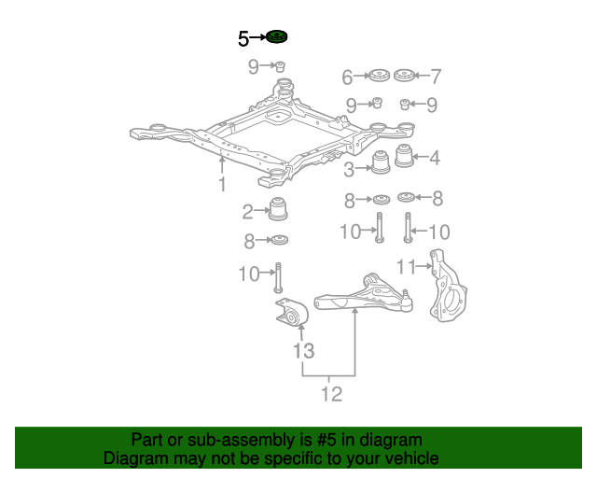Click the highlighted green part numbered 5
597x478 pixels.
click(x=276, y=37)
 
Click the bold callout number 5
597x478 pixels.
click(x=243, y=38)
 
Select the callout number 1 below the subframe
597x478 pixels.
click(x=222, y=185)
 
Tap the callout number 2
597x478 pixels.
click(x=248, y=211)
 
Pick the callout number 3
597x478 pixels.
click(x=349, y=170)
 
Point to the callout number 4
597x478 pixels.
click(x=435, y=158)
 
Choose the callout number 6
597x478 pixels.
click(x=347, y=77)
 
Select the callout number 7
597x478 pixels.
click(x=435, y=77)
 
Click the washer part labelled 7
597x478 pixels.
click(x=404, y=75)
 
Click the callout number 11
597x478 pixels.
click(x=405, y=267)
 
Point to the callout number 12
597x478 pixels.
click(x=331, y=394)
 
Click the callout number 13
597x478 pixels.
click(x=304, y=351)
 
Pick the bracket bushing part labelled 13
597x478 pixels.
click(x=290, y=315)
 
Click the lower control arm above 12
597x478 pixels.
click(x=364, y=297)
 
